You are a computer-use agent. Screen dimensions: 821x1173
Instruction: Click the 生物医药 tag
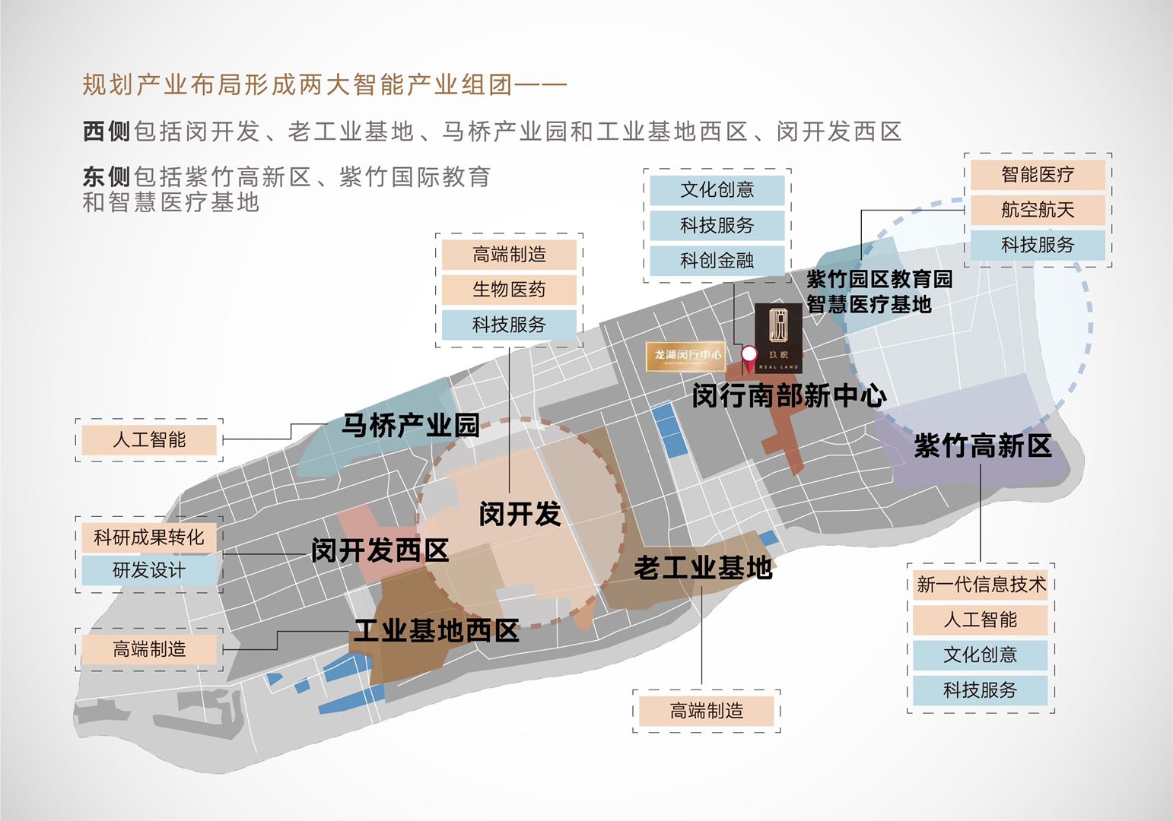(x=509, y=290)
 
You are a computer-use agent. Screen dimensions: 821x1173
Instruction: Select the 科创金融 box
(x=717, y=261)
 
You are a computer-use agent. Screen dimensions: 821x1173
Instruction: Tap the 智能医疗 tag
(x=1038, y=175)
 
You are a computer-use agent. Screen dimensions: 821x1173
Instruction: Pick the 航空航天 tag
(x=1038, y=210)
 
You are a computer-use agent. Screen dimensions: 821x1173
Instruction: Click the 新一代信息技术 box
(x=981, y=585)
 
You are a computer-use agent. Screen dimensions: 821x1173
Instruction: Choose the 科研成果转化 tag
(x=149, y=537)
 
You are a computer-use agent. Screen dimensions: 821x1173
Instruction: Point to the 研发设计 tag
(x=149, y=570)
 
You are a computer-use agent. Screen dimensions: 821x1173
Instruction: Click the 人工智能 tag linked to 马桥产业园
(x=149, y=439)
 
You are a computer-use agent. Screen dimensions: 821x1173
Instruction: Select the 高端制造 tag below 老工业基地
(x=706, y=711)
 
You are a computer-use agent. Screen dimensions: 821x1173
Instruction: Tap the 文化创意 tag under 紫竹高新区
(x=981, y=655)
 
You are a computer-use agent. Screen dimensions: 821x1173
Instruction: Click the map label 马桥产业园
(x=410, y=425)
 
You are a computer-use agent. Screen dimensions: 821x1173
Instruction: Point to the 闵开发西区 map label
(x=380, y=550)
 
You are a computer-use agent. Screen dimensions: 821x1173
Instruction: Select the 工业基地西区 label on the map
(x=436, y=630)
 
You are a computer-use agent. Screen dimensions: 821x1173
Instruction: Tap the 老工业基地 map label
(x=702, y=567)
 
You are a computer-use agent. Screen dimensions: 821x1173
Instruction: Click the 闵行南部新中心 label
(x=789, y=395)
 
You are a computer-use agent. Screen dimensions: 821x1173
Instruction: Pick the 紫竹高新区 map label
(x=982, y=445)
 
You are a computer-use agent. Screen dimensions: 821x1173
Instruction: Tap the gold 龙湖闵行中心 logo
(x=685, y=356)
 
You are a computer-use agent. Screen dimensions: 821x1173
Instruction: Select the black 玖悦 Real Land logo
(x=778, y=338)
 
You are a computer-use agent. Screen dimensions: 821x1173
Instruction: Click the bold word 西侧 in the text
(x=106, y=132)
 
